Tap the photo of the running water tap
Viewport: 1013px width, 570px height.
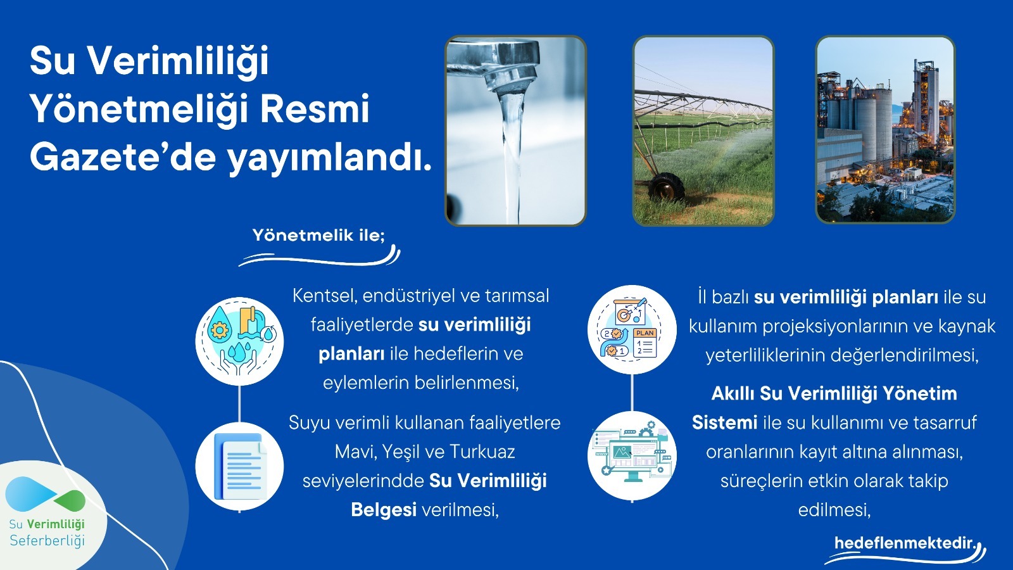coord(515,130)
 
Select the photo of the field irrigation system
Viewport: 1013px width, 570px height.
coord(703,130)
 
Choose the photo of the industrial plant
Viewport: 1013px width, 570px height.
coord(885,130)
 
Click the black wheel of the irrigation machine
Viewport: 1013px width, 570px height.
coord(666,187)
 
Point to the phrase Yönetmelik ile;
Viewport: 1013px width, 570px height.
coord(318,236)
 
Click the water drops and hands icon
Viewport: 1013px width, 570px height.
coord(239,341)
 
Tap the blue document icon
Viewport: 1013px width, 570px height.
coord(239,466)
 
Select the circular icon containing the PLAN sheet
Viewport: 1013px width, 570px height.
coord(631,330)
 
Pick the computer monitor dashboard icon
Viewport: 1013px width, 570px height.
coord(631,455)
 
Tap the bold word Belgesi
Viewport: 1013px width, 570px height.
coord(384,510)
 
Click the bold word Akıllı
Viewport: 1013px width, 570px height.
coord(733,394)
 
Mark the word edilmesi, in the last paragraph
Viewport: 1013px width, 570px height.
coord(834,510)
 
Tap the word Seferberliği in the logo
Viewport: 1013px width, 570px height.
coord(47,541)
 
